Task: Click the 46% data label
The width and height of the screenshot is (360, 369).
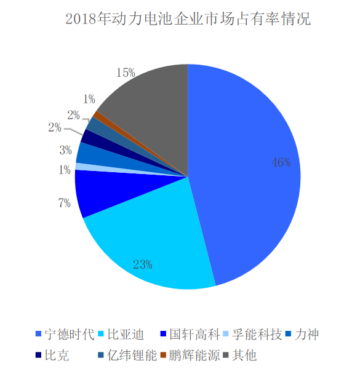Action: click(x=281, y=163)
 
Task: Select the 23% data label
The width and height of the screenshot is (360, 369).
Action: click(x=142, y=265)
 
